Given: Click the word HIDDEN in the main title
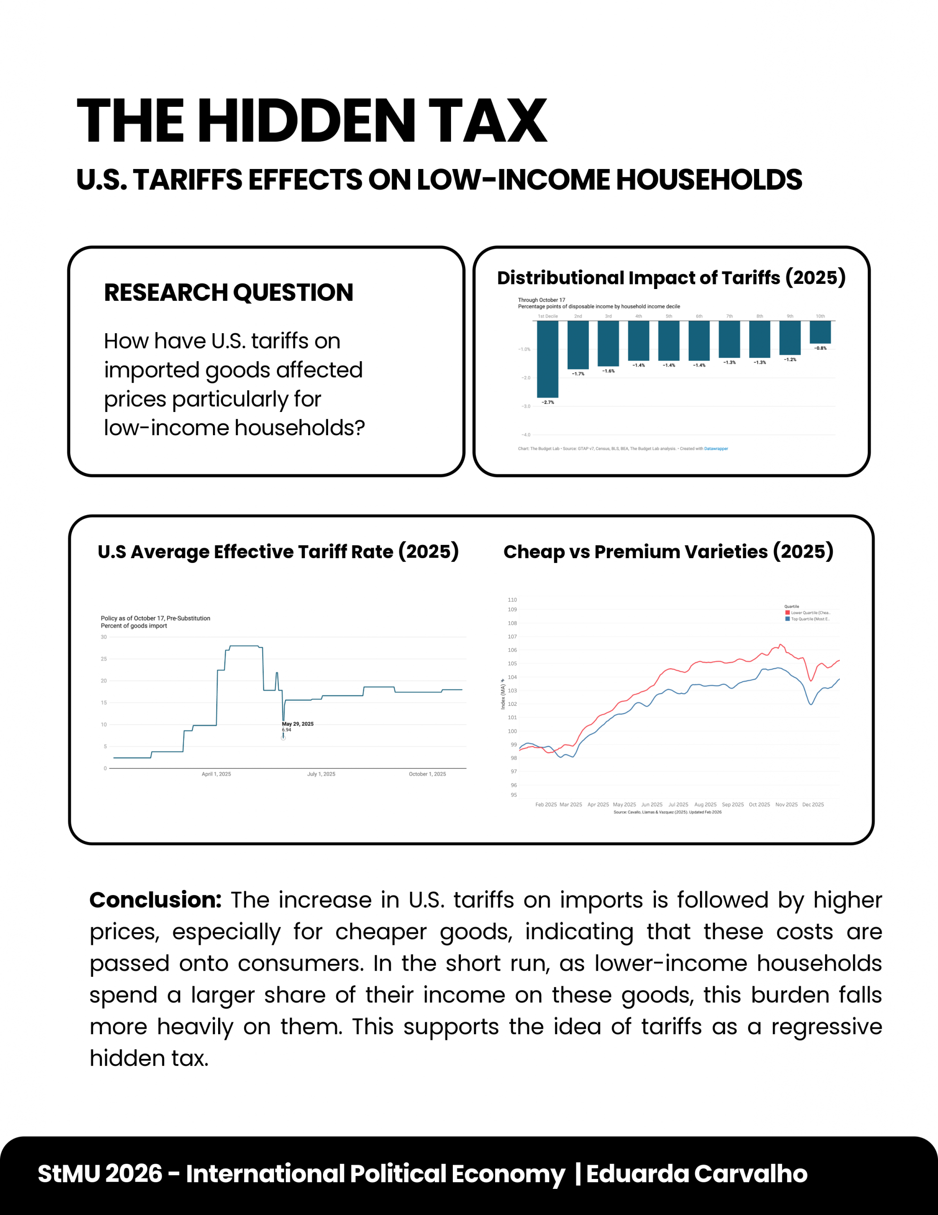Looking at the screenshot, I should click(306, 121).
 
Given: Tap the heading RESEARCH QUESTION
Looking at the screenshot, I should click(229, 293).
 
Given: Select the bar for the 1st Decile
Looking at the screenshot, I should click(547, 359).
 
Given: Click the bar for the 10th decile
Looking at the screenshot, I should click(820, 332).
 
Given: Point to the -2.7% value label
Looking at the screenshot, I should click(548, 402).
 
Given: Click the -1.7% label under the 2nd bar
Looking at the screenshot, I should click(578, 374).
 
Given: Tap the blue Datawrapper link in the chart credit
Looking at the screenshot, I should click(716, 449).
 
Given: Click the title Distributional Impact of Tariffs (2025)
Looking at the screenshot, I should click(671, 278).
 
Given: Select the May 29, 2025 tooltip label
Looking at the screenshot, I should click(297, 724).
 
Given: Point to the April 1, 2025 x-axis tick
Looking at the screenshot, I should click(216, 774).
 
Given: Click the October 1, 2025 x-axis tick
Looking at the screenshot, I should click(427, 774).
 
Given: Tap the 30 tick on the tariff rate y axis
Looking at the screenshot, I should click(104, 637).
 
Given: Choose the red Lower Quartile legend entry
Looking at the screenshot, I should click(807, 613).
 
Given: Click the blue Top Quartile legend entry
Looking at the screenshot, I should click(807, 618).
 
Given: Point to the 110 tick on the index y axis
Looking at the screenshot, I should click(512, 600).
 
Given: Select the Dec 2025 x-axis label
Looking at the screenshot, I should click(813, 804).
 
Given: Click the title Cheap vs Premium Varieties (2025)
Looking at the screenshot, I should click(668, 551).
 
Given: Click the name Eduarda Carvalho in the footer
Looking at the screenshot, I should click(697, 1174).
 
